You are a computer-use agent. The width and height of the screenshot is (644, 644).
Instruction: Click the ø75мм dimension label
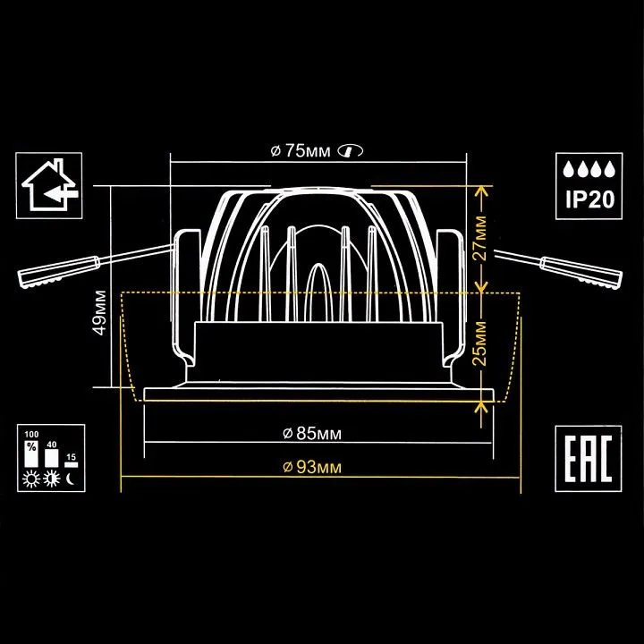pyautogui.click(x=301, y=151)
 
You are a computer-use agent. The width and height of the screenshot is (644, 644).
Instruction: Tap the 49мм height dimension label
pyautogui.click(x=100, y=312)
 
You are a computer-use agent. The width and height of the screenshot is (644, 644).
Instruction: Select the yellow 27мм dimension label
pyautogui.click(x=479, y=239)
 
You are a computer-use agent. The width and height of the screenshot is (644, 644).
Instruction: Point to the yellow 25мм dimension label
pyautogui.click(x=479, y=343)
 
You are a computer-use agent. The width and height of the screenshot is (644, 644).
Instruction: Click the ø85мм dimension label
pyautogui.click(x=312, y=433)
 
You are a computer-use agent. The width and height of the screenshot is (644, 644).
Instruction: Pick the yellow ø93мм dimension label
pyautogui.click(x=312, y=467)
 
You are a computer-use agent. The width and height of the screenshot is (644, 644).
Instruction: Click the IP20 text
pyautogui.click(x=589, y=199)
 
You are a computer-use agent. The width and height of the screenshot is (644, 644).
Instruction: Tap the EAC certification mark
pyautogui.click(x=589, y=458)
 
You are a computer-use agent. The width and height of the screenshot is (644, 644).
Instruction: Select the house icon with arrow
pyautogui.click(x=49, y=185)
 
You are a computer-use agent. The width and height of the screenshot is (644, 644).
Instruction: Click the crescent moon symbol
pyautogui.click(x=71, y=479)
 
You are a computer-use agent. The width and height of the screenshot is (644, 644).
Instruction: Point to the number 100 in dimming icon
pyautogui.click(x=31, y=435)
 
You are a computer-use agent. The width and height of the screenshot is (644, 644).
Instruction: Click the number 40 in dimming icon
pyautogui.click(x=52, y=445)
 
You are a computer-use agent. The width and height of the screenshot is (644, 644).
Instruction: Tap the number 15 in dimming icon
pyautogui.click(x=71, y=457)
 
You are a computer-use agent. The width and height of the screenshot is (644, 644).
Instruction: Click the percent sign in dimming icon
pyautogui.click(x=31, y=446)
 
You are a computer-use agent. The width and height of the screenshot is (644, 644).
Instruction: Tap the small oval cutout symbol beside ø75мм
pyautogui.click(x=350, y=151)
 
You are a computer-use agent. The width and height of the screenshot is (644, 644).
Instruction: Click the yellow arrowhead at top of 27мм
pyautogui.click(x=481, y=191)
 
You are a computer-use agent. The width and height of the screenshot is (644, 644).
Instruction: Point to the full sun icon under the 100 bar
pyautogui.click(x=31, y=479)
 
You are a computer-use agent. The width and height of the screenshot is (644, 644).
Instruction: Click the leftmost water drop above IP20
pyautogui.click(x=568, y=169)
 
